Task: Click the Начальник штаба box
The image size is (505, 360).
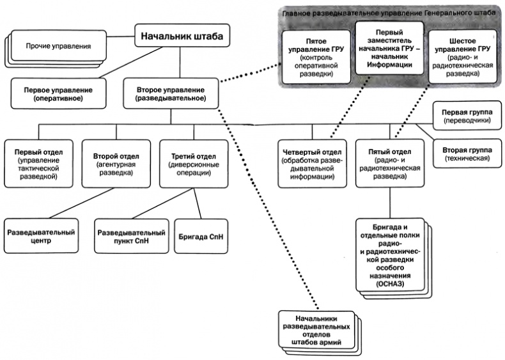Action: tap(182, 37)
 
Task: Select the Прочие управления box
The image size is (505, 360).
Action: tap(58, 47)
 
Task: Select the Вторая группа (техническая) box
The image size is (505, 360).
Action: tap(465, 153)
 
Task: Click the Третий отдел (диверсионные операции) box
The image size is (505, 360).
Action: tap(193, 160)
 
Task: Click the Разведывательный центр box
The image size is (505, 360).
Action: tap(42, 237)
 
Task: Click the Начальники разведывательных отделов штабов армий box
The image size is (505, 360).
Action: tap(316, 330)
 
